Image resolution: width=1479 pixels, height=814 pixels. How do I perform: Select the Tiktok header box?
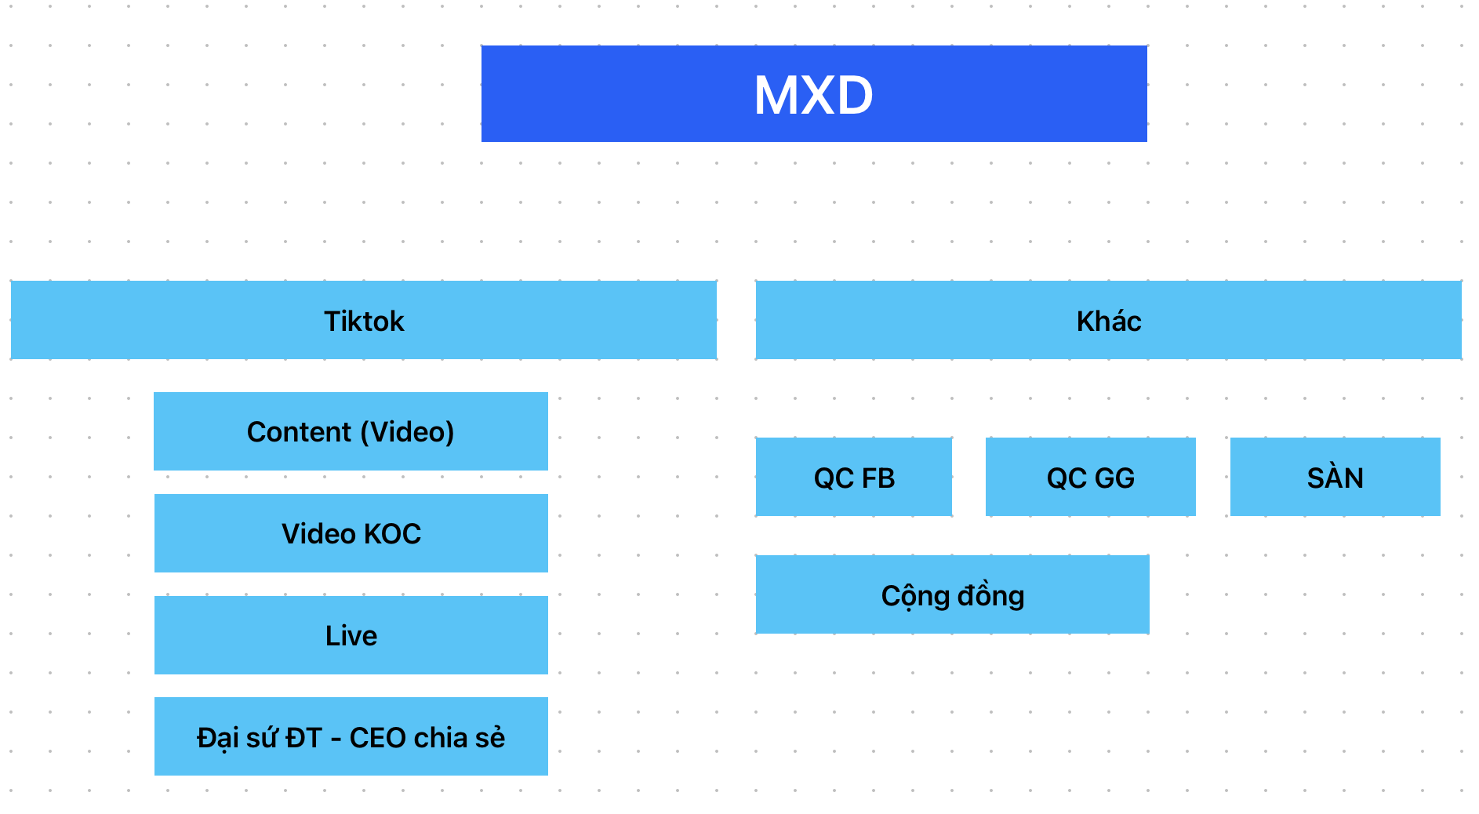click(x=364, y=321)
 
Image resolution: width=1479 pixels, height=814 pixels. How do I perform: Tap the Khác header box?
click(x=1108, y=321)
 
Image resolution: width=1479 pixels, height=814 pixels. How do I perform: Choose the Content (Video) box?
click(x=351, y=431)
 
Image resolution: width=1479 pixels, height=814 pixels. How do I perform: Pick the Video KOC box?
click(x=351, y=533)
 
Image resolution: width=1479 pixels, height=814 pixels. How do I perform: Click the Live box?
click(x=351, y=635)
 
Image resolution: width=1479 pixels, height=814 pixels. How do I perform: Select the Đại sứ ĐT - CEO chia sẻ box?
click(x=351, y=737)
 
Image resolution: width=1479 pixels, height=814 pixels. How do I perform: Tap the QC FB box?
click(x=854, y=478)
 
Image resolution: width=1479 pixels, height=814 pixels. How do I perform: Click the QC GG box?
click(x=1090, y=478)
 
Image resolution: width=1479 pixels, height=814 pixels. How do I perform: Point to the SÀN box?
click(x=1335, y=478)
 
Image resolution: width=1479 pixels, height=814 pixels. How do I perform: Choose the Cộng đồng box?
click(x=952, y=595)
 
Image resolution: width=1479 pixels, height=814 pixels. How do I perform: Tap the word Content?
click(x=299, y=432)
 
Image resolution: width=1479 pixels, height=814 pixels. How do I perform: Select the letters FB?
click(x=878, y=478)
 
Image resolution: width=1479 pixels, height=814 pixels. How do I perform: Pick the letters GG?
click(x=1114, y=478)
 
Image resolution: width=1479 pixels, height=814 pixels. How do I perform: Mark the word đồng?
click(x=990, y=596)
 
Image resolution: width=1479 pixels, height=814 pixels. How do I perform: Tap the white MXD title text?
click(x=813, y=95)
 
